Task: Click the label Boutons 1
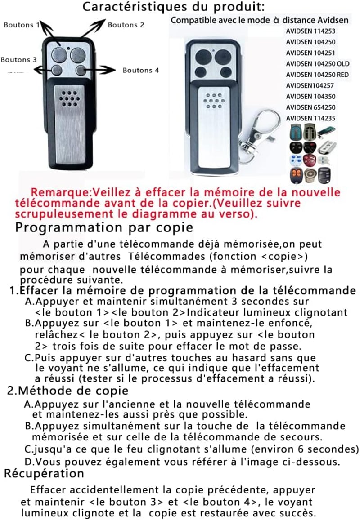[22, 25]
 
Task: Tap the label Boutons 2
[126, 25]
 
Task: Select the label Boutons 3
[18, 60]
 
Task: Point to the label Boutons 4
[141, 70]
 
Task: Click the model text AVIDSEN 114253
[310, 31]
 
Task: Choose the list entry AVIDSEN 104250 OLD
[318, 64]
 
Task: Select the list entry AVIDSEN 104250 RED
[318, 75]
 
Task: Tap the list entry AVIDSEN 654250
[310, 107]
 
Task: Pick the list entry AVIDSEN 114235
[310, 118]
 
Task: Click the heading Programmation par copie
[104, 228]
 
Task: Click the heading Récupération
[44, 473]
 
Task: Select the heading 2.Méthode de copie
[68, 391]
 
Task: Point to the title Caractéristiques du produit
[173, 7]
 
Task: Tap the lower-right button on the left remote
[81, 70]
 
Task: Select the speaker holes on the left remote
[70, 99]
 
